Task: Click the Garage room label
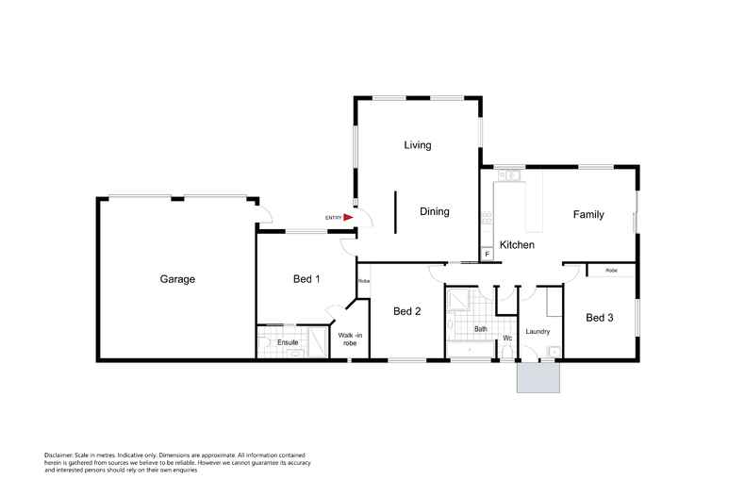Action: point(176,279)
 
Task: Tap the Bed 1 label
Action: point(306,279)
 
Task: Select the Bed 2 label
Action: point(406,311)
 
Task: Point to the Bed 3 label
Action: point(600,317)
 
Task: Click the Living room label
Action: point(417,145)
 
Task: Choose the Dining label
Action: point(434,211)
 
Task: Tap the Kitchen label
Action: point(517,245)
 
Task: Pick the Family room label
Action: point(588,215)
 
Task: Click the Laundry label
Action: point(538,331)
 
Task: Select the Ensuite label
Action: point(288,341)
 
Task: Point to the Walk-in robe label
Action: point(349,339)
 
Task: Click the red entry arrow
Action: point(348,217)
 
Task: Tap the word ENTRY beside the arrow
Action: point(332,218)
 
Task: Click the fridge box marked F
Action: point(488,254)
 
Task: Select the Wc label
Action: point(506,338)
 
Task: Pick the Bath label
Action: point(481,329)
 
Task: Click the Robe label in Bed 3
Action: point(611,271)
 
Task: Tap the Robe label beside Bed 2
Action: point(363,281)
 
